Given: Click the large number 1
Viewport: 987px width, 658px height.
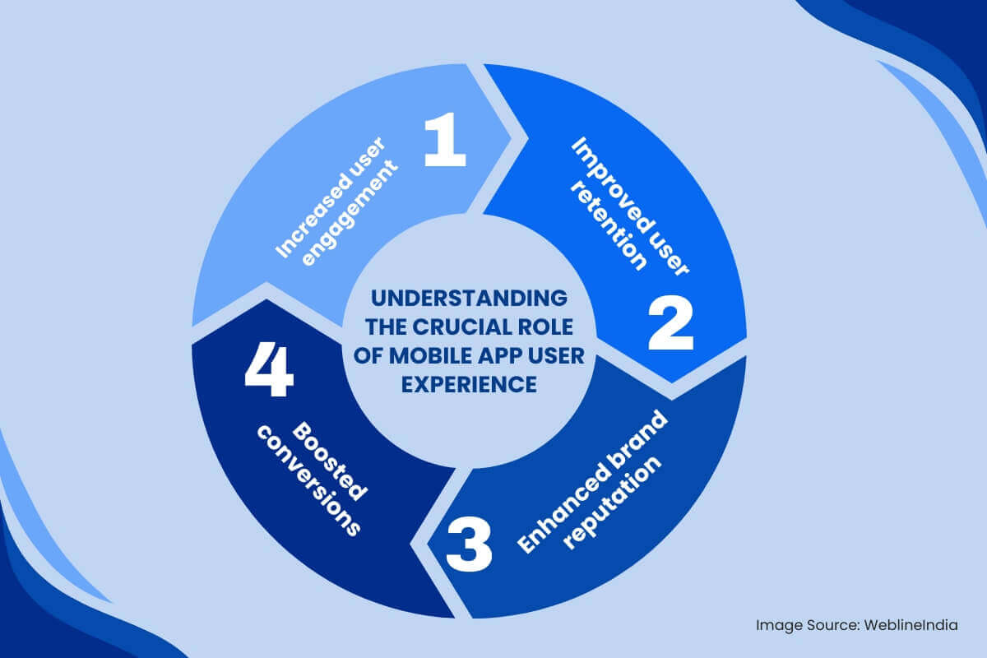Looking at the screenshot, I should (445, 141).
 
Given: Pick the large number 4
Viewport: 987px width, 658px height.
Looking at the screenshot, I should (269, 372).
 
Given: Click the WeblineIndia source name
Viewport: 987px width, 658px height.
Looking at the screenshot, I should (911, 625).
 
